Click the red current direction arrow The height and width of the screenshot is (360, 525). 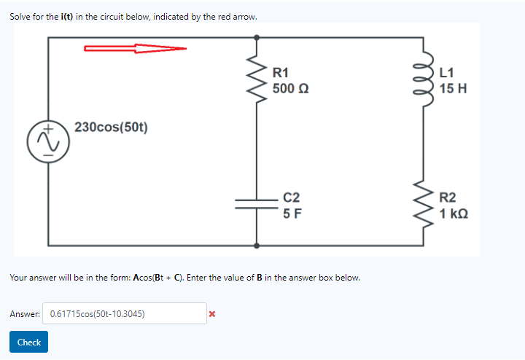(x=135, y=49)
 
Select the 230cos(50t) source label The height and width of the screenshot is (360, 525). (x=111, y=127)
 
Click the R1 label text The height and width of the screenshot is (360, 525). (x=281, y=73)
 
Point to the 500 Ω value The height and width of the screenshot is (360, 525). (x=290, y=89)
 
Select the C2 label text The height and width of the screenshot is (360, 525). (x=291, y=197)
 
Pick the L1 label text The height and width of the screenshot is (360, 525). (x=447, y=73)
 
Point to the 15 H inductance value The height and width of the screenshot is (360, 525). (x=453, y=89)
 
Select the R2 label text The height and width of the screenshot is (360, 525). (x=448, y=197)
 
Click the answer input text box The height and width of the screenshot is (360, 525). (x=124, y=314)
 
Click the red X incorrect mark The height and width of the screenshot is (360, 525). (x=211, y=314)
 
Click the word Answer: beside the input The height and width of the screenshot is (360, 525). (x=25, y=314)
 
